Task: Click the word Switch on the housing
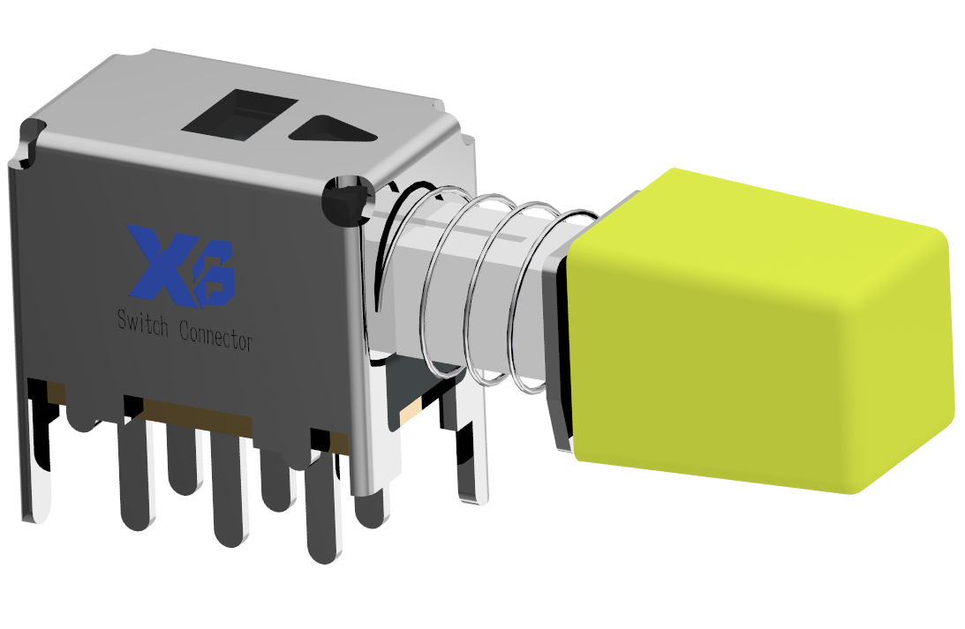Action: [143, 324]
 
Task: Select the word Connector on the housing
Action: [216, 334]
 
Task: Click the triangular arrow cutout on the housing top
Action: [332, 131]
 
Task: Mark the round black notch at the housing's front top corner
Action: [347, 202]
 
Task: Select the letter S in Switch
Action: [123, 319]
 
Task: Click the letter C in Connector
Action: [185, 330]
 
